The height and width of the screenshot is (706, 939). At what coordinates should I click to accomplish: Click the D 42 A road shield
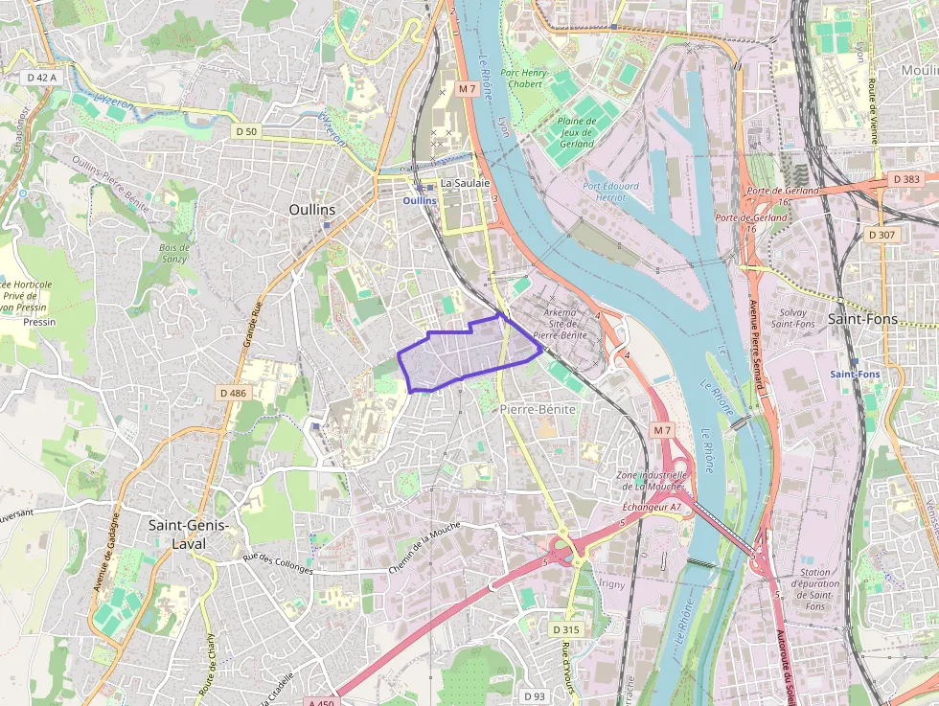pyautogui.click(x=41, y=77)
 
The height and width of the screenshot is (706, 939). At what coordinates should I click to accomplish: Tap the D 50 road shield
pyautogui.click(x=246, y=130)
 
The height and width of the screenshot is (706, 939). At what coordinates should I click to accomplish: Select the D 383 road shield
pyautogui.click(x=905, y=179)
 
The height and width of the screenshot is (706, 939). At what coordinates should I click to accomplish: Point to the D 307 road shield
pyautogui.click(x=882, y=234)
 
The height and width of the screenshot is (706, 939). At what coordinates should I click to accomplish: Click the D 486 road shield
pyautogui.click(x=233, y=393)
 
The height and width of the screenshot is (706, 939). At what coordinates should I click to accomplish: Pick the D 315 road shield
pyautogui.click(x=566, y=629)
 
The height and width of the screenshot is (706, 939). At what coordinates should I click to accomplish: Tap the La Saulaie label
pyautogui.click(x=465, y=183)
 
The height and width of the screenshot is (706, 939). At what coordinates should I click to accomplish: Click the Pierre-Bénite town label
pyautogui.click(x=538, y=409)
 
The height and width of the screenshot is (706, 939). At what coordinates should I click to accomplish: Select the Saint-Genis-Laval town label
pyautogui.click(x=189, y=533)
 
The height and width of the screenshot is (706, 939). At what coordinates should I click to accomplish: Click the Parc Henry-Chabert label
pyautogui.click(x=522, y=78)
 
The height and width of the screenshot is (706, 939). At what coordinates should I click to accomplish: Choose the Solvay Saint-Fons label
pyautogui.click(x=792, y=318)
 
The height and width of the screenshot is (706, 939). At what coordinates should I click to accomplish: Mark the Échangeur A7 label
pyautogui.click(x=652, y=506)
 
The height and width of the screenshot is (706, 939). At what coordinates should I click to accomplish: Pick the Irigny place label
pyautogui.click(x=610, y=583)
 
